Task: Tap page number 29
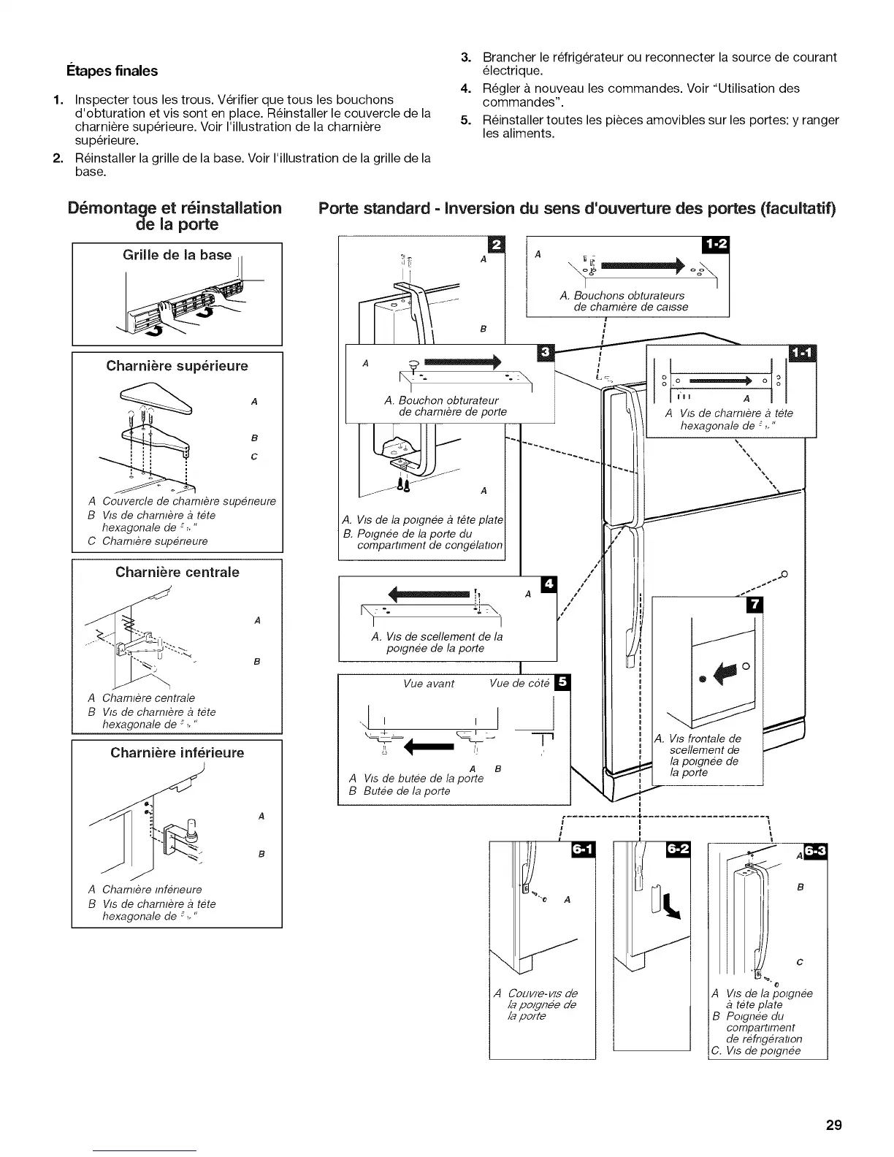point(834,1125)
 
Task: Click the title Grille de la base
point(177,255)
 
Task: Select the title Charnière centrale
point(177,572)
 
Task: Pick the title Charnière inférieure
point(177,752)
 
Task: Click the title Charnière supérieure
point(177,365)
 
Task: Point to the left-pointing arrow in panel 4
point(429,593)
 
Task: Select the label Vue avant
point(429,684)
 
